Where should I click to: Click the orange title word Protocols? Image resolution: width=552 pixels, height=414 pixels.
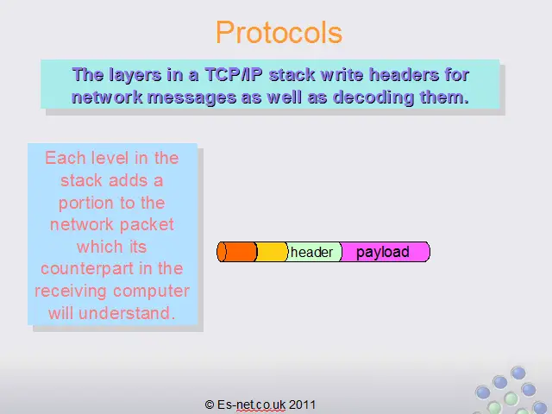click(x=279, y=33)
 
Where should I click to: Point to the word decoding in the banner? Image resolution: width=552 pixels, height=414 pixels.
click(x=373, y=97)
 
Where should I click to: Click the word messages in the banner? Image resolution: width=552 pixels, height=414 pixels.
click(x=191, y=97)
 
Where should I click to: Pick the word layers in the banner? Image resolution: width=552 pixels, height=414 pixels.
click(x=135, y=75)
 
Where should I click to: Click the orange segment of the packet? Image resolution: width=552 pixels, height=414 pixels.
click(x=237, y=252)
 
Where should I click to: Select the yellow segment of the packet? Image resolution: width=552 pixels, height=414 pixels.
click(x=272, y=252)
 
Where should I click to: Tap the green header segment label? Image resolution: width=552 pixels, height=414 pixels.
click(x=311, y=252)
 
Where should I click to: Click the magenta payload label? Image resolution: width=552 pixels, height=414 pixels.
click(x=383, y=253)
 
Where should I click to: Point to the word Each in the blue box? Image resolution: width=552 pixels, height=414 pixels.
click(x=66, y=158)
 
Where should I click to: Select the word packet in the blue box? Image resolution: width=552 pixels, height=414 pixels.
click(x=154, y=225)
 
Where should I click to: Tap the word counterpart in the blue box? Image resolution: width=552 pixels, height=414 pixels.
click(x=87, y=269)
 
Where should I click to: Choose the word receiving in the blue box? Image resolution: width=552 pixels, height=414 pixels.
click(x=71, y=292)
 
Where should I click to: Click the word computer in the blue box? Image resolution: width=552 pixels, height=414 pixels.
click(x=151, y=292)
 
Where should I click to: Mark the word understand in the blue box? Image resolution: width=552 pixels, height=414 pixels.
click(x=127, y=313)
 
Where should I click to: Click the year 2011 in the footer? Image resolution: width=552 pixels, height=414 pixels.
click(x=302, y=405)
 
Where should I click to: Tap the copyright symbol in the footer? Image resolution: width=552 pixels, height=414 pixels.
click(x=209, y=405)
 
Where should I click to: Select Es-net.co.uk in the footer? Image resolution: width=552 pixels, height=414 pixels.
click(x=251, y=405)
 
